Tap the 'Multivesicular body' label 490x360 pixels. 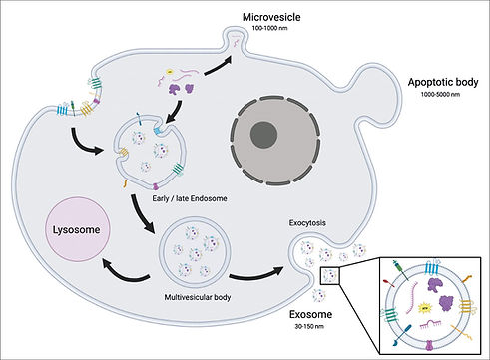189,297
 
